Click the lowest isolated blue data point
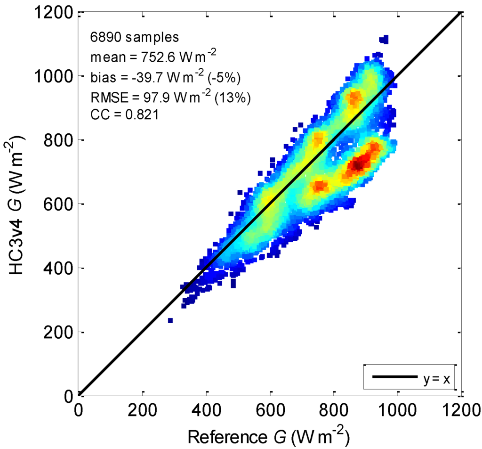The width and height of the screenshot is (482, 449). pyautogui.click(x=170, y=321)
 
